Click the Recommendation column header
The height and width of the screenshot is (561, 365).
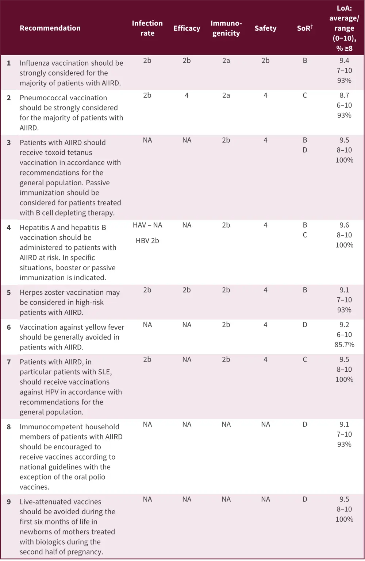point(50,28)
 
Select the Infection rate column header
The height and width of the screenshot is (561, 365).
point(147,28)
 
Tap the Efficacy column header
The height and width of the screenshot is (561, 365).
point(187,28)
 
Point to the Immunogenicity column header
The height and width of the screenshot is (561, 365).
point(226,28)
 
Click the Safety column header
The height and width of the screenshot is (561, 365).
point(265,28)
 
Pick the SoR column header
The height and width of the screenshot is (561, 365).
point(305,28)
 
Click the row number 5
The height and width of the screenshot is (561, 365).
point(9,293)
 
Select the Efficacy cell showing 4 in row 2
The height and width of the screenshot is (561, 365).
point(187,96)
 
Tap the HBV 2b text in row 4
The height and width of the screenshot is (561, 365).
point(147,241)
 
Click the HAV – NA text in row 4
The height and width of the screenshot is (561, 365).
point(147,225)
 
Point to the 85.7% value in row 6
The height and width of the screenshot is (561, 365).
point(344,345)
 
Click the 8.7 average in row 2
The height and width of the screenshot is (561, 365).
point(344,96)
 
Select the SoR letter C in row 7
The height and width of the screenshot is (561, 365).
point(305,360)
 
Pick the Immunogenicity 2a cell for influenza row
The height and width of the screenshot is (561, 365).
point(226,61)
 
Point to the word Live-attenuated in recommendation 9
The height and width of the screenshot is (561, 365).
point(45,502)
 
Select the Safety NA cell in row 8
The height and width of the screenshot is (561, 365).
point(265,425)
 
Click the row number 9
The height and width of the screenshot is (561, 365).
point(9,502)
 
